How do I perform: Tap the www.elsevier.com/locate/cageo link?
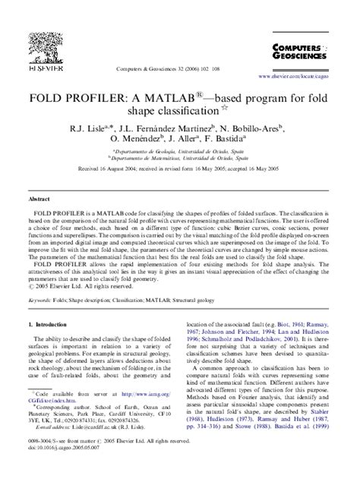click(x=298, y=77)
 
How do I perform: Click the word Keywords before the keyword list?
click(x=43, y=300)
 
